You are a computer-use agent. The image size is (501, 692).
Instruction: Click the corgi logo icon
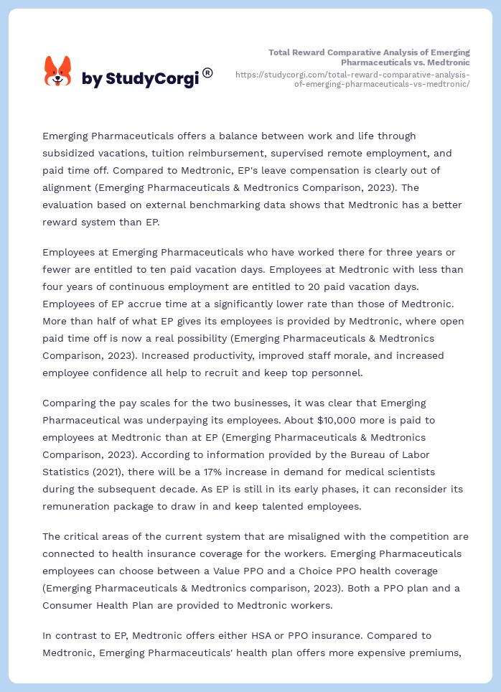click(58, 72)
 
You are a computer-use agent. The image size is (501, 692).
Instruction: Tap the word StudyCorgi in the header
click(151, 79)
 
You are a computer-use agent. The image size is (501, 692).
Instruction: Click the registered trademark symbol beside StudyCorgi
click(207, 73)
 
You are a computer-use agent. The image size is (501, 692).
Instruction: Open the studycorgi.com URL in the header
click(352, 79)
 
